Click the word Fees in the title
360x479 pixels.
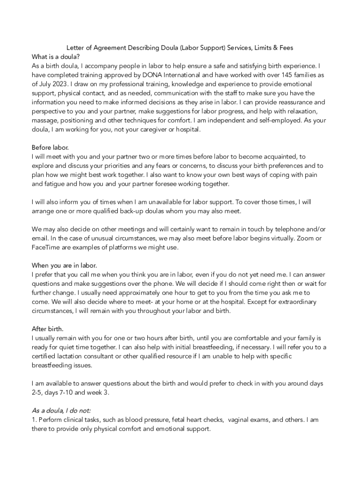pyautogui.click(x=285, y=48)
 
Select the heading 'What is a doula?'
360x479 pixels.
pyautogui.click(x=56, y=57)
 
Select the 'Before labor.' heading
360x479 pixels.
pyautogui.click(x=50, y=147)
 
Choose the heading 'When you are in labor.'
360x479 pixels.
pyautogui.click(x=64, y=266)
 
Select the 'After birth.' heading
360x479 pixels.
pyautogui.click(x=48, y=328)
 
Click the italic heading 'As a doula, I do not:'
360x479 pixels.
pyautogui.click(x=61, y=411)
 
